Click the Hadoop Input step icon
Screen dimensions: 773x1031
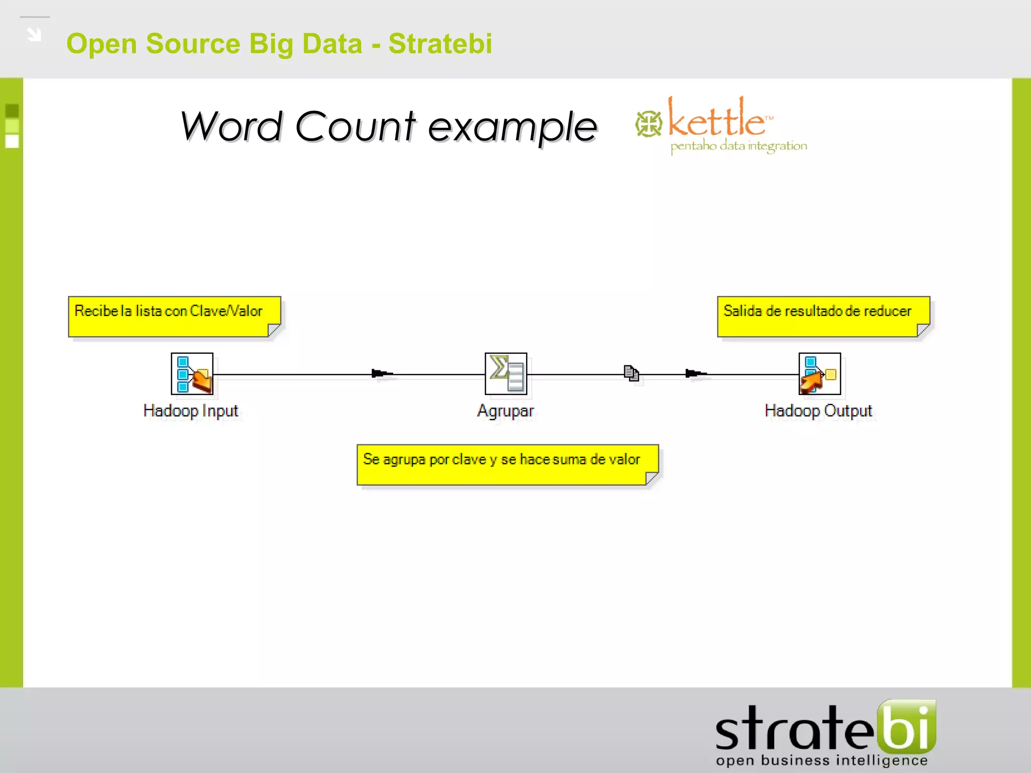192,374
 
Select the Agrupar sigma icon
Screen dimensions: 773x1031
506,374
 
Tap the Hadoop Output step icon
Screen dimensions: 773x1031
820,374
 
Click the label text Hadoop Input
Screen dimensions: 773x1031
190,411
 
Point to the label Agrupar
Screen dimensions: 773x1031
505,411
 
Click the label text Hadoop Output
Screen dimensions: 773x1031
818,411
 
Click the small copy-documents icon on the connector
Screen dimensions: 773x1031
631,373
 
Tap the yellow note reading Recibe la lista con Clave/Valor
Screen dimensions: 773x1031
174,317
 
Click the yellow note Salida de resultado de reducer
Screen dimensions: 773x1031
823,317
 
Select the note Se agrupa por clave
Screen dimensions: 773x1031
507,465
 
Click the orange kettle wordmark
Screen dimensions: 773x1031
717,120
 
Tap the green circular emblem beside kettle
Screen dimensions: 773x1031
648,124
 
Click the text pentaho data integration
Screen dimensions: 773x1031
739,146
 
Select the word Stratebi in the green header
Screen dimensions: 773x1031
440,43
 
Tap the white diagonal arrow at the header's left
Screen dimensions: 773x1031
34,34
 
